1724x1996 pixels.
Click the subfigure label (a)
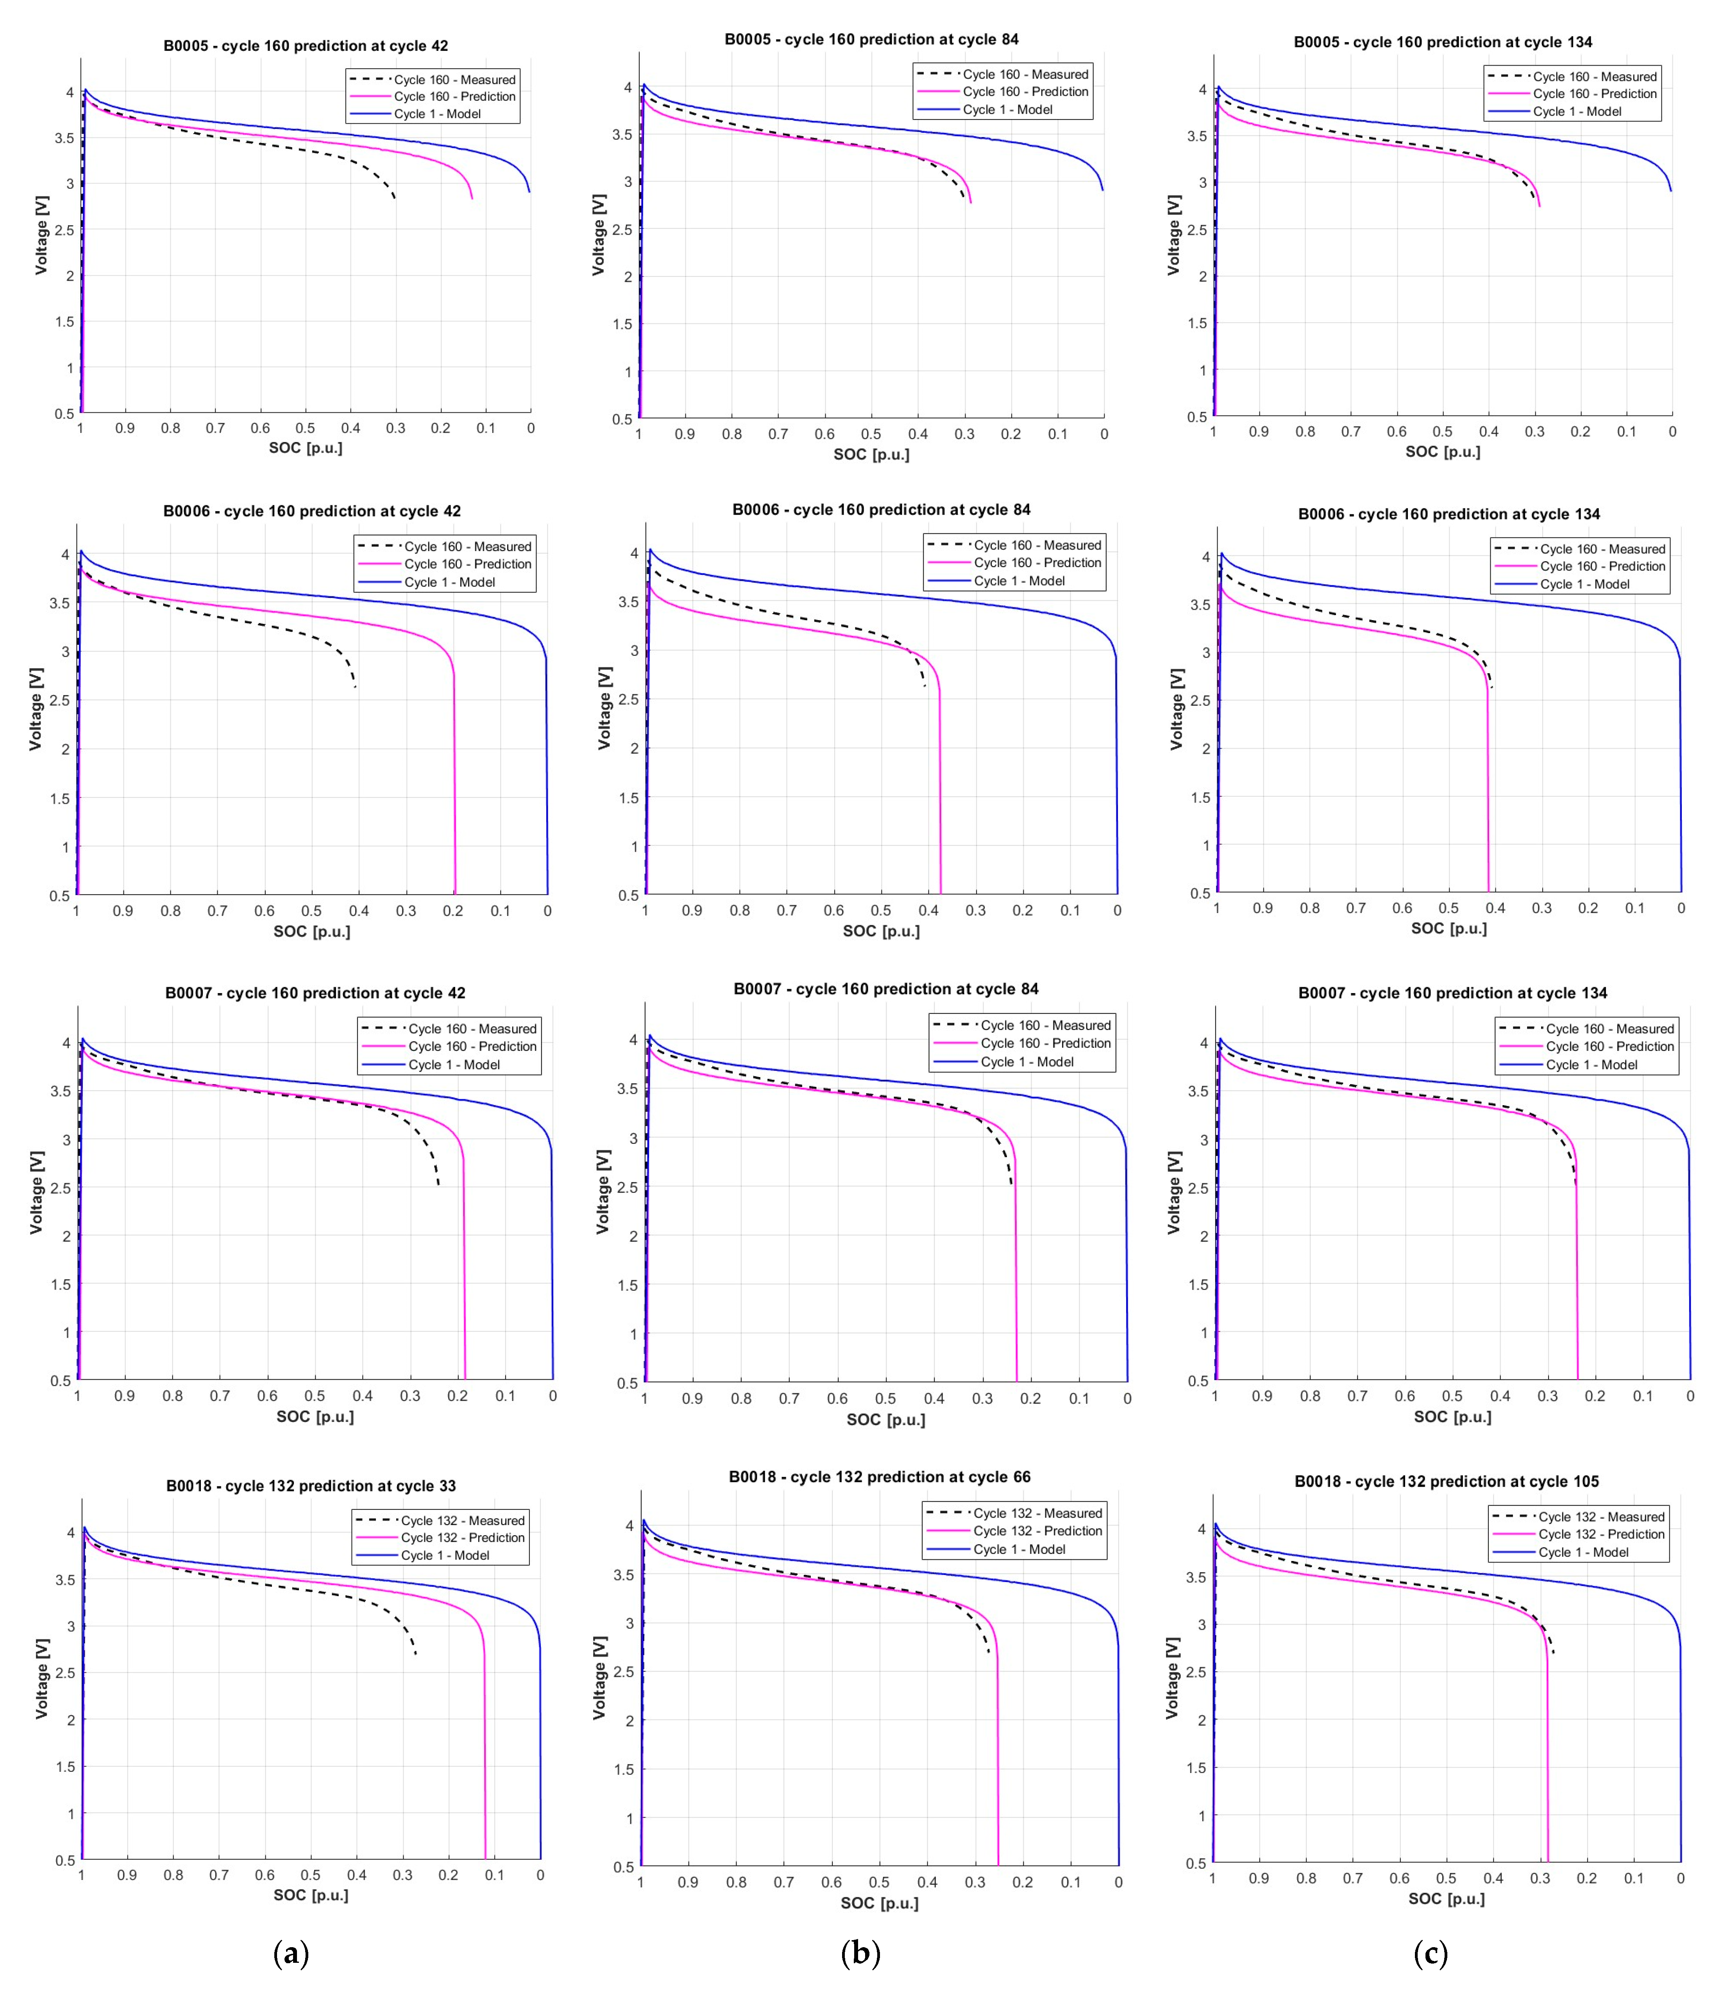[291, 1953]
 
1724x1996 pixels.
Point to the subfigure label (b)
[860, 1953]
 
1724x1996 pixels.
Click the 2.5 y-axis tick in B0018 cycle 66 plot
[624, 1671]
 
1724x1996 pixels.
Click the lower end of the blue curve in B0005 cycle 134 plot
[1671, 191]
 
